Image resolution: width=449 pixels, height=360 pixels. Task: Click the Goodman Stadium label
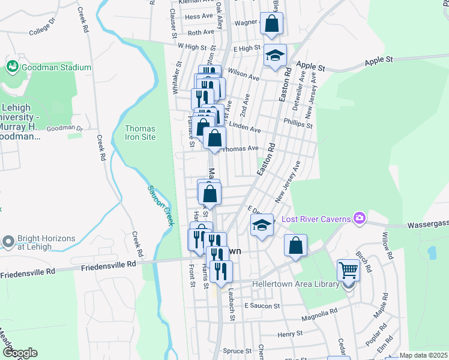click(56, 68)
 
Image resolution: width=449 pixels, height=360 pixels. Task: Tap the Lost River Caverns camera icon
click(360, 217)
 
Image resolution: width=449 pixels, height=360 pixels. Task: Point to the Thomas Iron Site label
click(140, 133)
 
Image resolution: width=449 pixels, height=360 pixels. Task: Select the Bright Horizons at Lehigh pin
click(8, 242)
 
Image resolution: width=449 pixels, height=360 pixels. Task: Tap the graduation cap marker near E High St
click(276, 57)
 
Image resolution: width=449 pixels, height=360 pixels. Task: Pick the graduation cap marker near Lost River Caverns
click(262, 226)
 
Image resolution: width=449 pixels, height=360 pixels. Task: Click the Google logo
click(19, 352)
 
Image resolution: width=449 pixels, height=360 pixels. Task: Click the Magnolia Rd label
click(320, 313)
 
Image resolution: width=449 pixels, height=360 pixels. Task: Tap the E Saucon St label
click(262, 306)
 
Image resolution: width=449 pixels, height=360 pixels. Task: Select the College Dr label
click(41, 29)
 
